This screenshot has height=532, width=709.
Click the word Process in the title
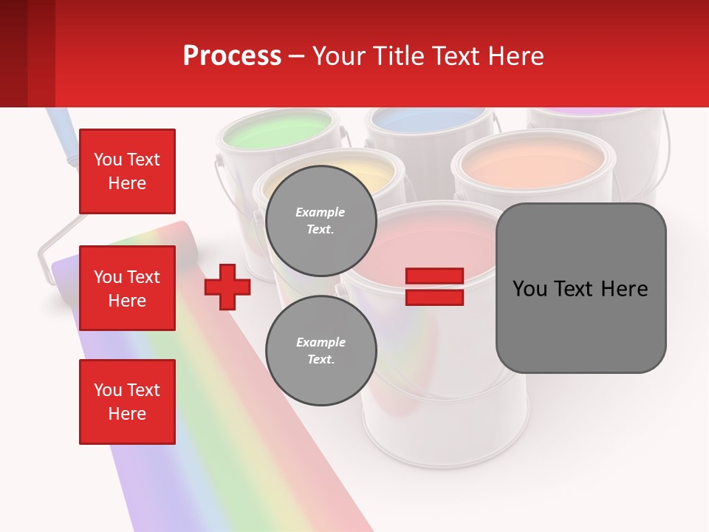pyautogui.click(x=232, y=56)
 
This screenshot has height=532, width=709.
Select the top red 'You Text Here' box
pyautogui.click(x=127, y=171)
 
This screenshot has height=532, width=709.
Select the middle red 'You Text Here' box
pyautogui.click(x=127, y=288)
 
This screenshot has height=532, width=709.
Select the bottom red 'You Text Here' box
pyautogui.click(x=127, y=402)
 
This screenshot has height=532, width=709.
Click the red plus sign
pyautogui.click(x=227, y=287)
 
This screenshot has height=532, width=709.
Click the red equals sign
pyautogui.click(x=434, y=287)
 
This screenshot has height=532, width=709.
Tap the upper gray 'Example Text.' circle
pyautogui.click(x=321, y=221)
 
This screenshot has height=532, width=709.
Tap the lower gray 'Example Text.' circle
pyautogui.click(x=321, y=351)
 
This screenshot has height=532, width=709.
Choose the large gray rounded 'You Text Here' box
pyautogui.click(x=580, y=288)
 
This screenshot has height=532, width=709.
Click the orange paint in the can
pyautogui.click(x=533, y=162)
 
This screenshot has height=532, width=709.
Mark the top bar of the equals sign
pyautogui.click(x=434, y=276)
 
